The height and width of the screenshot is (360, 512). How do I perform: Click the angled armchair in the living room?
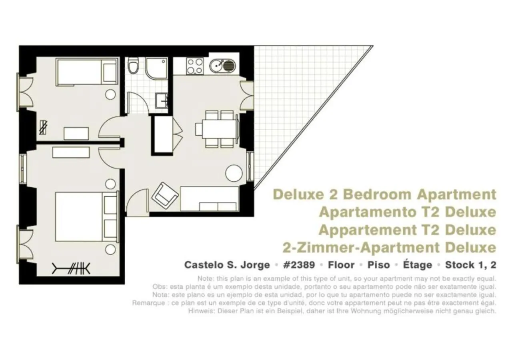point(164,195)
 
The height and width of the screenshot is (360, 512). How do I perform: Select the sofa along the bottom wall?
point(210,198)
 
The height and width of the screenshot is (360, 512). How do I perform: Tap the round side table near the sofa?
point(234,173)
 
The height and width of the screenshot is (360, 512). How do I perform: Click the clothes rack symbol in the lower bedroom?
point(72,268)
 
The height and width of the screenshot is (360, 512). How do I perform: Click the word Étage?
point(418,265)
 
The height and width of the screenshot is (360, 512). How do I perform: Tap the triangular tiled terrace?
point(296,100)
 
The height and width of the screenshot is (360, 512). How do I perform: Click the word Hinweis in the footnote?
point(198,311)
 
